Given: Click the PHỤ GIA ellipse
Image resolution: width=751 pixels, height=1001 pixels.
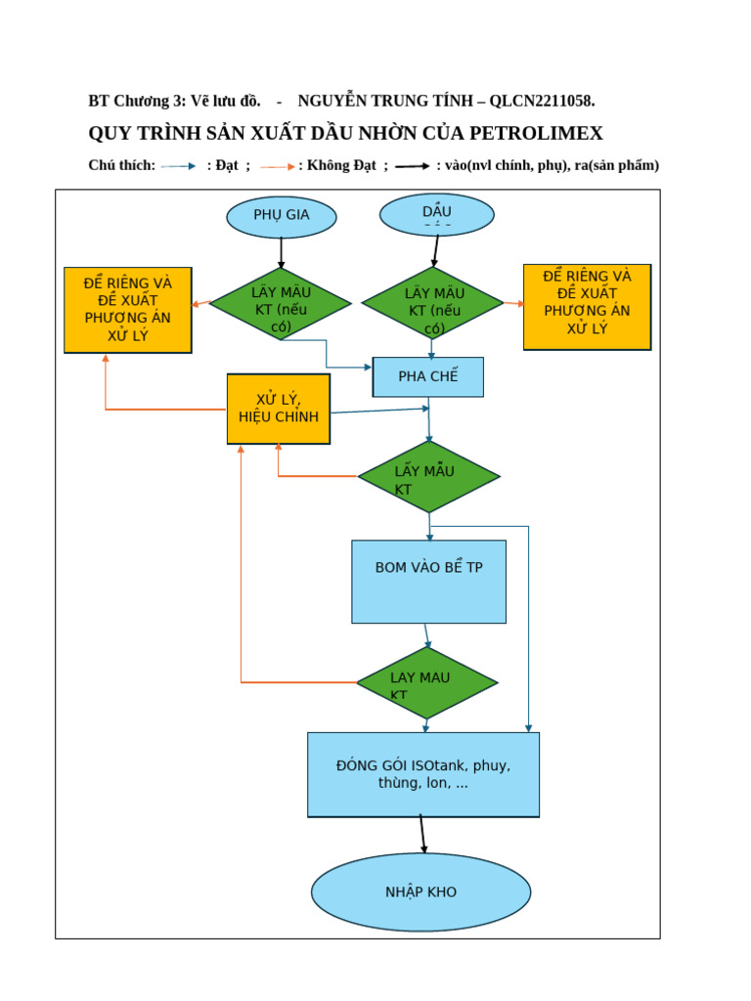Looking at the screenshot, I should (282, 216).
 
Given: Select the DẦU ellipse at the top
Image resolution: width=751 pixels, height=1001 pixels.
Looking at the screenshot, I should (436, 214).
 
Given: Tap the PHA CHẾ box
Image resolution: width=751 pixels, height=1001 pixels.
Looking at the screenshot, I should (428, 376).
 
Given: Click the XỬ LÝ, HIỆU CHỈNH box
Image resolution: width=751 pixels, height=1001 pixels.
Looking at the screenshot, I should (279, 409).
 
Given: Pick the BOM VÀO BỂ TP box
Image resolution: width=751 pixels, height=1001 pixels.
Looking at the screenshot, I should (428, 581).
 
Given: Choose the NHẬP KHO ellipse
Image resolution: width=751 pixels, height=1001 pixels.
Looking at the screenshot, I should (420, 892).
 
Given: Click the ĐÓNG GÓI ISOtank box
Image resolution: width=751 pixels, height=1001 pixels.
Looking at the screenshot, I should (422, 774).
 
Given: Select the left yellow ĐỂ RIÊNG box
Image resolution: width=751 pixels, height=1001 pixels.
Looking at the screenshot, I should (128, 309).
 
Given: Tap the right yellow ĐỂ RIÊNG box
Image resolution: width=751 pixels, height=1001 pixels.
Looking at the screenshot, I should (587, 306).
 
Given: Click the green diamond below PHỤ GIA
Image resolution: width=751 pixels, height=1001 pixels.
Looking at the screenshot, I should (281, 303).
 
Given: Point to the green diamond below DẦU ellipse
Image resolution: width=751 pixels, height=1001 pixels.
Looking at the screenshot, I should (433, 303).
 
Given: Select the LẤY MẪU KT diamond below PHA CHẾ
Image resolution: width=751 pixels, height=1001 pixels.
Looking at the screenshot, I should (428, 477).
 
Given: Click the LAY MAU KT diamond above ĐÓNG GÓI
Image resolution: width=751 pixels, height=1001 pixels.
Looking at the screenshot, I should (426, 682).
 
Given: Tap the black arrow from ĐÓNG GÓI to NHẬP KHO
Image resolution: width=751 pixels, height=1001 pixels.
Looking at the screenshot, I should (422, 834).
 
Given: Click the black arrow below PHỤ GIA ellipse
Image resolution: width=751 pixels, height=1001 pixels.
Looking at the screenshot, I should (282, 252).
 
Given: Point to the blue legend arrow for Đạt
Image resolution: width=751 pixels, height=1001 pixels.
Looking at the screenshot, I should (179, 166).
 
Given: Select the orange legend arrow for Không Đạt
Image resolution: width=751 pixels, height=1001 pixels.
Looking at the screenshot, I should (277, 166).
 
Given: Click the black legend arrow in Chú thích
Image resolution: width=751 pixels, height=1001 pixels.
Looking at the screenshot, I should (412, 166).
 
